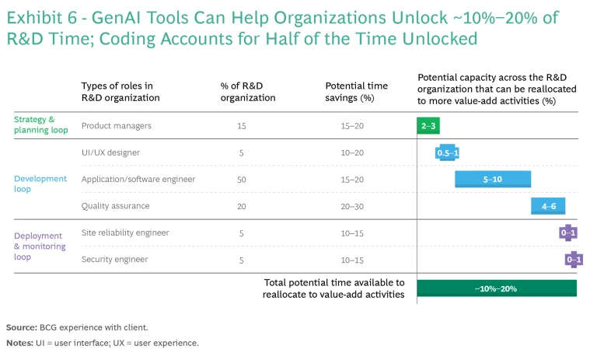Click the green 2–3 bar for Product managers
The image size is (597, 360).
click(428, 125)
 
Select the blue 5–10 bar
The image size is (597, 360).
click(493, 179)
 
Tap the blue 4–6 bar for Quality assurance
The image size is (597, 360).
click(548, 206)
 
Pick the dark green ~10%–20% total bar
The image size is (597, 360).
click(497, 288)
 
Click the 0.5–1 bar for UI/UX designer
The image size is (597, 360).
click(448, 152)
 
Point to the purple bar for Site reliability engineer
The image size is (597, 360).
click(568, 232)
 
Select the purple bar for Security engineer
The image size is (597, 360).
click(574, 260)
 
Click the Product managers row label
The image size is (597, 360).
click(116, 125)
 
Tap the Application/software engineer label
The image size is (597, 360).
click(138, 179)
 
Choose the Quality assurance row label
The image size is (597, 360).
click(115, 206)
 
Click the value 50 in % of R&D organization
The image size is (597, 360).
click(242, 180)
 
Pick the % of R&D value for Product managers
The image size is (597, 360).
click(242, 126)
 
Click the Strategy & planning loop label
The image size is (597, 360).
click(35, 125)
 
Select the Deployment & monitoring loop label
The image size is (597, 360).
click(39, 246)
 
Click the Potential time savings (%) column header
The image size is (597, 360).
click(356, 92)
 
